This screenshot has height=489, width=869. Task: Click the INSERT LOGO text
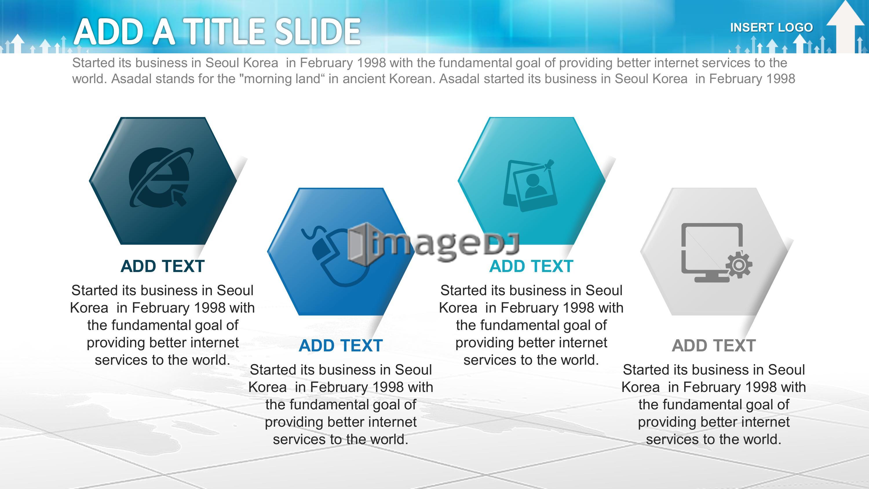(771, 27)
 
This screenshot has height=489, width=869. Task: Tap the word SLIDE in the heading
(317, 32)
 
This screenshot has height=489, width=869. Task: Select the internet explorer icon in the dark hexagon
(162, 178)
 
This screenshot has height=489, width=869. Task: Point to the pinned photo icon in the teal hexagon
(530, 185)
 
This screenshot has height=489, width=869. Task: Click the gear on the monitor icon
(739, 265)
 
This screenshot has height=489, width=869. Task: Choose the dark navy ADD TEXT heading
(163, 266)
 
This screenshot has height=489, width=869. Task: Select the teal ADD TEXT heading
(531, 266)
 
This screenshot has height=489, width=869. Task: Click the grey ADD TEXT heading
(714, 346)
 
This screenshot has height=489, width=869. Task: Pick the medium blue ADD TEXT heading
(341, 346)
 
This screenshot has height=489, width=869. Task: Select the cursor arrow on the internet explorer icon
(179, 197)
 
